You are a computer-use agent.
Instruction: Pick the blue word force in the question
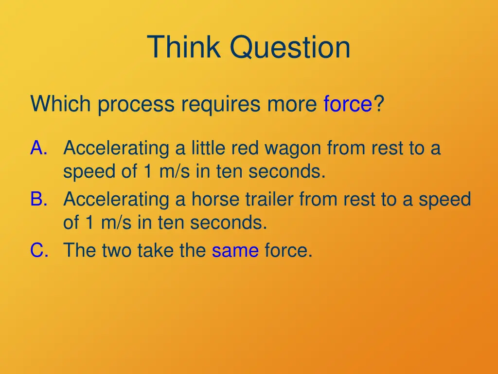pyautogui.click(x=348, y=104)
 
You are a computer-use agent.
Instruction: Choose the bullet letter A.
pyautogui.click(x=38, y=148)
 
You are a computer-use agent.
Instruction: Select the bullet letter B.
pyautogui.click(x=38, y=199)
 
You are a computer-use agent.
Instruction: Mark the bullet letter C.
pyautogui.click(x=38, y=251)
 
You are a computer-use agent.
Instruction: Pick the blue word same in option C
pyautogui.click(x=235, y=251)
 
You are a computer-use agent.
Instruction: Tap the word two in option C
pyautogui.click(x=117, y=251)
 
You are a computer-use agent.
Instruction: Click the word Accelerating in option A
pyautogui.click(x=116, y=148)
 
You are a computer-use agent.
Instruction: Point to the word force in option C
pyautogui.click(x=288, y=251)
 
